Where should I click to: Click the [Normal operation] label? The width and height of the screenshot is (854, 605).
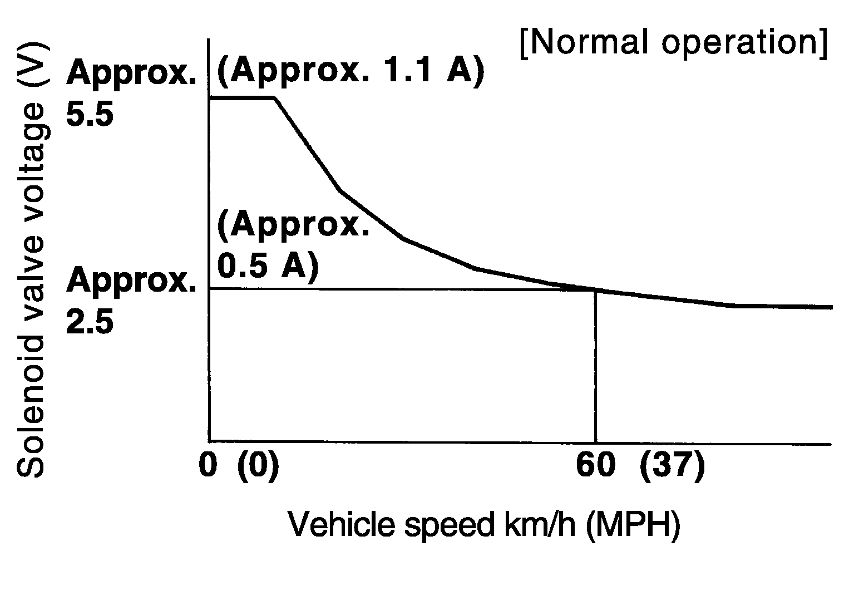[x=674, y=42]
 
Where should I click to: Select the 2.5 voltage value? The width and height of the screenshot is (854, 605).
[x=90, y=322]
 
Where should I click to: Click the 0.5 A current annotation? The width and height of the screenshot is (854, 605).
[x=267, y=266]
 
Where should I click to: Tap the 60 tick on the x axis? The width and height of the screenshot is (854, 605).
[x=595, y=465]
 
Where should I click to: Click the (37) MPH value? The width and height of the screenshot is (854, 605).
[x=672, y=465]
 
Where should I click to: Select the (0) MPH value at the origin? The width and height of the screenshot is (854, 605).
[x=258, y=465]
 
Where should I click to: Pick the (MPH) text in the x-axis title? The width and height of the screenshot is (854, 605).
[x=633, y=524]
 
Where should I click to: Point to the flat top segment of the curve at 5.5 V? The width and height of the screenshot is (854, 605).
[x=242, y=97]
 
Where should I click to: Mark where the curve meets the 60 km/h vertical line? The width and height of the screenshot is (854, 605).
[x=595, y=289]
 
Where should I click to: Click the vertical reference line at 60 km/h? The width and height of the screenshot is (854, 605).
[x=595, y=367]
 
